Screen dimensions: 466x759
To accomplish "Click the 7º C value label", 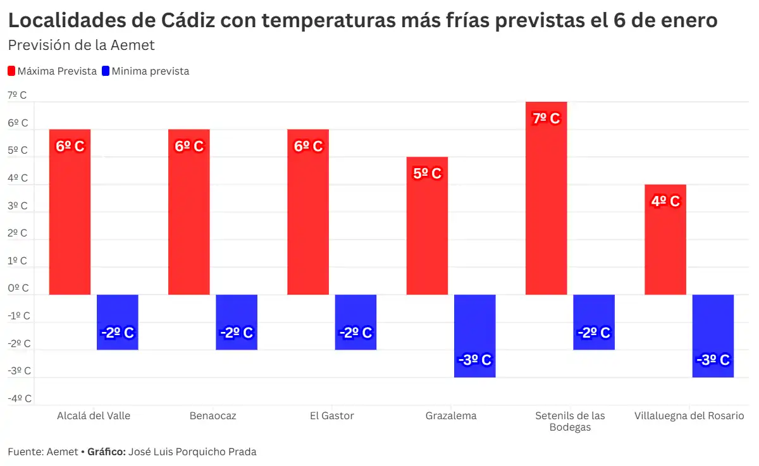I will pyautogui.click(x=546, y=119).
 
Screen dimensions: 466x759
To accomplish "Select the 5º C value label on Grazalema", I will pyautogui.click(x=427, y=174).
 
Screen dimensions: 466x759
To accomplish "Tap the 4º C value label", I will pyautogui.click(x=665, y=202).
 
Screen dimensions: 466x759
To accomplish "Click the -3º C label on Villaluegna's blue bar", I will pyautogui.click(x=713, y=360).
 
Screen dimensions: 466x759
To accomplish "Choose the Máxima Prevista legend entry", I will pyautogui.click(x=52, y=71).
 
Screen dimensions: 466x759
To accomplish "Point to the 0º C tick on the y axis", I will pyautogui.click(x=18, y=288).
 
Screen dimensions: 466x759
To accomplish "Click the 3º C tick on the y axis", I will pyautogui.click(x=18, y=205).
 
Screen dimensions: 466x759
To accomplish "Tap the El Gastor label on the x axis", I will pyautogui.click(x=331, y=416).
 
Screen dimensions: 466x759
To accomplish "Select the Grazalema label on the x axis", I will pyautogui.click(x=451, y=416).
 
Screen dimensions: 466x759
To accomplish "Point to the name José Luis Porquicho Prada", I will pyautogui.click(x=192, y=452).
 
